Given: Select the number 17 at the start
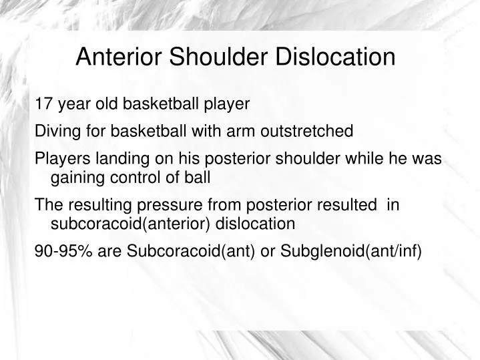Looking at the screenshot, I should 43,104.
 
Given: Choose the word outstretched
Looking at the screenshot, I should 308,132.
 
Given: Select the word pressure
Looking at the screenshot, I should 150,205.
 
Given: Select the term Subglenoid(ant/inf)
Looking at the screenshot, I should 351,251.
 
